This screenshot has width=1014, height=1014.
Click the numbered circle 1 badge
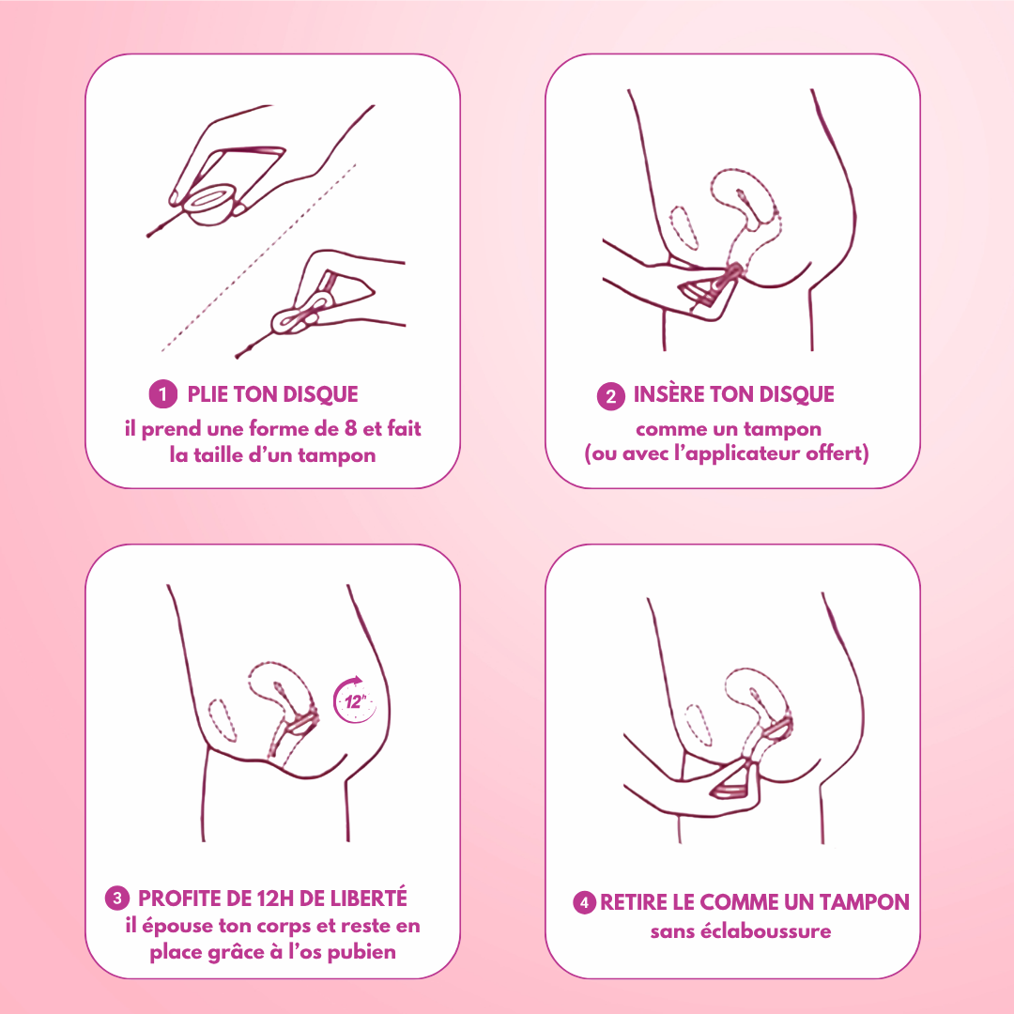[163, 393]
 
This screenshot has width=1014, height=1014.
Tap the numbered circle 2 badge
[611, 396]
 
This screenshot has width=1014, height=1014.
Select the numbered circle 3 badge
[117, 899]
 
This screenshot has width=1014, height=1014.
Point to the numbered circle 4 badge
[584, 902]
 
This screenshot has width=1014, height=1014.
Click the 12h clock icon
[354, 700]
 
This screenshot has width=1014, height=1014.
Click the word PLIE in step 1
[207, 394]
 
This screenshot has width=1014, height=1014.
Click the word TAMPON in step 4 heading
[865, 902]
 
